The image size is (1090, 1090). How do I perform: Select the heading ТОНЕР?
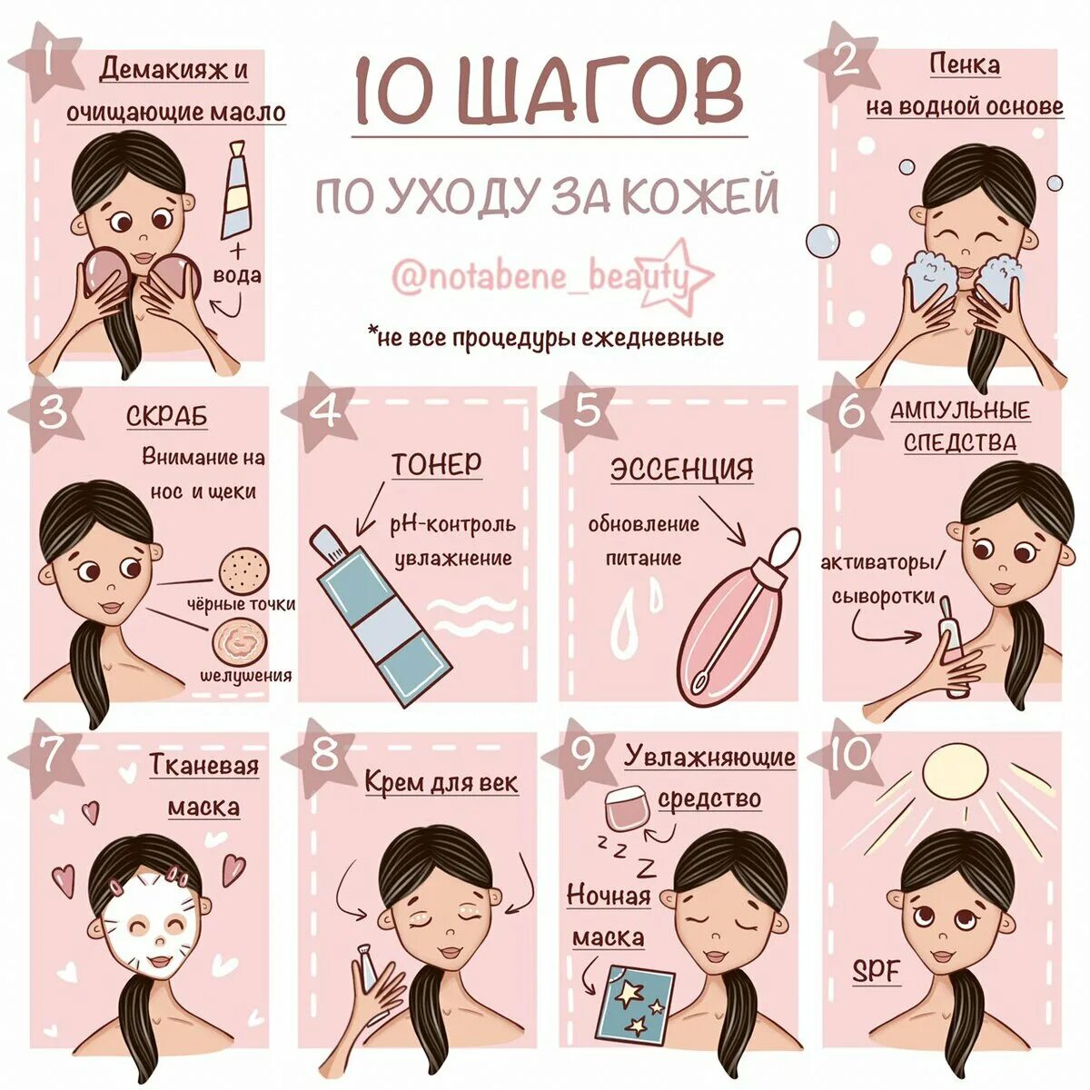(x=437, y=464)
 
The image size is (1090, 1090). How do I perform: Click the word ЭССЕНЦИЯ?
(x=681, y=469)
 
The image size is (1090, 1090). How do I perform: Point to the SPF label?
(x=877, y=971)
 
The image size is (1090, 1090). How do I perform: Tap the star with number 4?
(x=322, y=413)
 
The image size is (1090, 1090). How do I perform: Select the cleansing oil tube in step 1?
(x=237, y=190)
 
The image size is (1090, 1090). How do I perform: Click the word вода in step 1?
(x=237, y=275)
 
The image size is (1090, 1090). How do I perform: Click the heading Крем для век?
(x=441, y=782)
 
